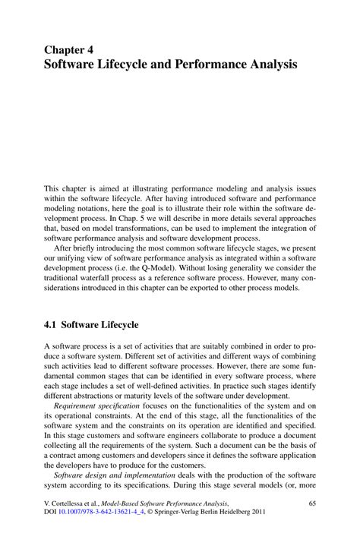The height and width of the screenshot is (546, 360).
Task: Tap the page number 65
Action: [311, 503]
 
